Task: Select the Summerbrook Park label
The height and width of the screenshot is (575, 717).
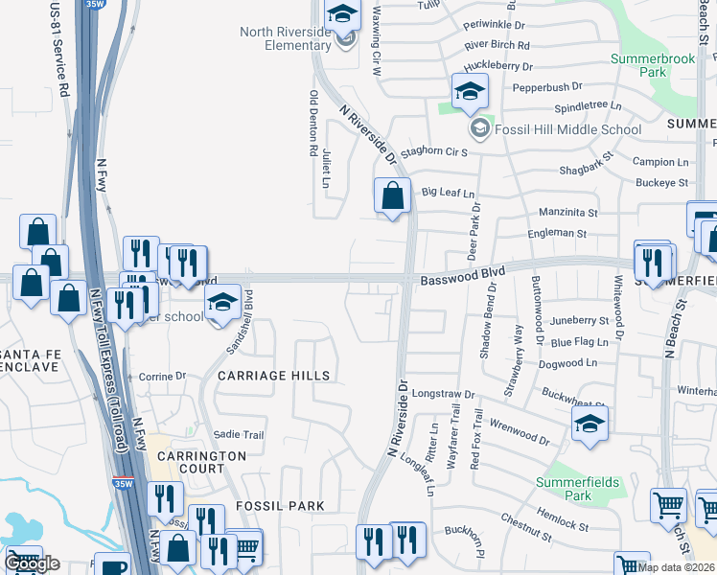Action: point(652,65)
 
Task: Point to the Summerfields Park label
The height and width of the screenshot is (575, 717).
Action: point(577,489)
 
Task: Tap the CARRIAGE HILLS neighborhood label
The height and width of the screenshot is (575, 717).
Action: point(273,376)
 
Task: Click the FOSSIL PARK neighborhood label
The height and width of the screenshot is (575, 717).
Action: point(283,505)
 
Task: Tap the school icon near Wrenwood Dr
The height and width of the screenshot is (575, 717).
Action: point(590,424)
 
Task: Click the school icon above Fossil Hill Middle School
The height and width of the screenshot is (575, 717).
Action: point(470,92)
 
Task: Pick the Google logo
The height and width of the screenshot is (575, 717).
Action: point(34,563)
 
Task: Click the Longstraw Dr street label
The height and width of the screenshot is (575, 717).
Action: point(444,394)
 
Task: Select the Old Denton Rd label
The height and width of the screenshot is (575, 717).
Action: point(313,123)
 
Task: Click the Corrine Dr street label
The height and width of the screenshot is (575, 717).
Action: point(162,378)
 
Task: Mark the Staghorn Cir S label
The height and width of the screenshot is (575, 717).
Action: point(433,151)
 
